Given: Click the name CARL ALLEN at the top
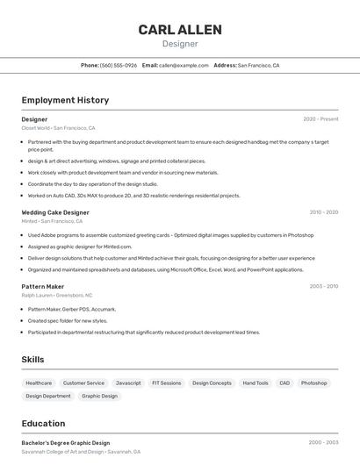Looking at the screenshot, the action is pyautogui.click(x=180, y=30).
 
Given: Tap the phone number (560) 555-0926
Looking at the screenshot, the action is pyautogui.click(x=119, y=65).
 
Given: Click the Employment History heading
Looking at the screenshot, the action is pyautogui.click(x=65, y=100).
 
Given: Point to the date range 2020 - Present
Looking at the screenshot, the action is pyautogui.click(x=320, y=119).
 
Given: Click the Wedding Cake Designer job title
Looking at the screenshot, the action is pyautogui.click(x=55, y=212).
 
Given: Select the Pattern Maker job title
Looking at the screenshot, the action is pyautogui.click(x=43, y=287).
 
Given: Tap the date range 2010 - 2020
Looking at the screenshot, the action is pyautogui.click(x=323, y=212).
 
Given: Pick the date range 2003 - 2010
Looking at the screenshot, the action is pyautogui.click(x=323, y=287).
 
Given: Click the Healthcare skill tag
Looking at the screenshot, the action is pyautogui.click(x=39, y=383).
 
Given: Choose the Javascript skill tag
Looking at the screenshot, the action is pyautogui.click(x=128, y=383).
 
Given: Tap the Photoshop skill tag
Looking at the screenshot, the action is pyautogui.click(x=313, y=383).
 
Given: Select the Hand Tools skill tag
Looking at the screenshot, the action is pyautogui.click(x=256, y=383).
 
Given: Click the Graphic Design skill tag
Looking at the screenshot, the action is pyautogui.click(x=99, y=396).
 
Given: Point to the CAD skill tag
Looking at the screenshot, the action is pyautogui.click(x=284, y=383).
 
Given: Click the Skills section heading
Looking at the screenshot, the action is pyautogui.click(x=32, y=360).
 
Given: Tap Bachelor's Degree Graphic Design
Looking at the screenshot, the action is pyautogui.click(x=66, y=443).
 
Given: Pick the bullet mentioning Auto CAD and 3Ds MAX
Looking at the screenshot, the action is pyautogui.click(x=133, y=196).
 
